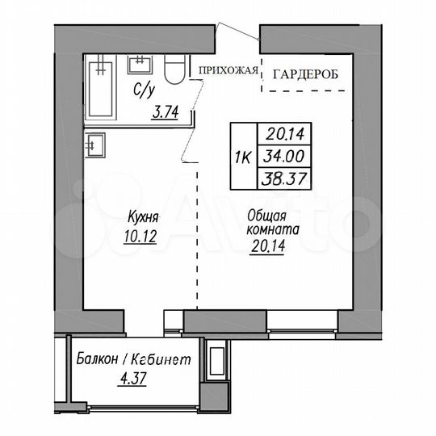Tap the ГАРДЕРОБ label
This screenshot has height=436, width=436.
pyautogui.click(x=305, y=74)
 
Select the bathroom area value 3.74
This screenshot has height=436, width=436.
pyautogui.click(x=167, y=114)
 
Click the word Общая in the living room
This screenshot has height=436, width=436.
pyautogui.click(x=262, y=215)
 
